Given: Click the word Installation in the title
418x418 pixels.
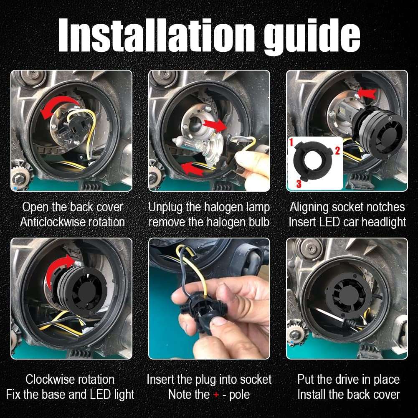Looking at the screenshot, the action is point(156,35).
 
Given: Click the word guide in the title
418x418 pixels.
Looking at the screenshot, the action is point(312,37).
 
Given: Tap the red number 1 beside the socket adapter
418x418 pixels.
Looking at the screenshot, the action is point(291,142).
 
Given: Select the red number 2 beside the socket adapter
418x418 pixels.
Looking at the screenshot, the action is point(337,151).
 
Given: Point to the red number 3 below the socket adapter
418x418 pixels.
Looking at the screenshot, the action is point(299,184).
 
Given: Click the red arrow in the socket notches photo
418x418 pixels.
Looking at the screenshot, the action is point(367,93).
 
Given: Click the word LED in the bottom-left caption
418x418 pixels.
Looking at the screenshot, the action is point(100,395).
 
